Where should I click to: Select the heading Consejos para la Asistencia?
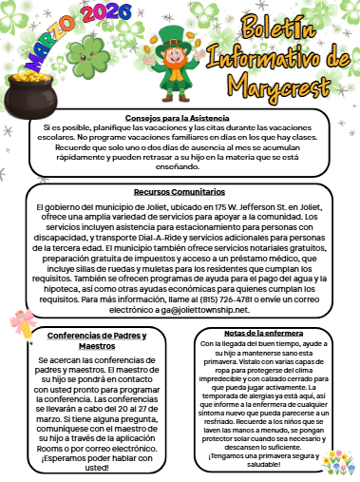[179, 117]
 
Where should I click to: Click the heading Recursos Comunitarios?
[180, 192]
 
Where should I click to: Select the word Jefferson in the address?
[244, 205]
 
